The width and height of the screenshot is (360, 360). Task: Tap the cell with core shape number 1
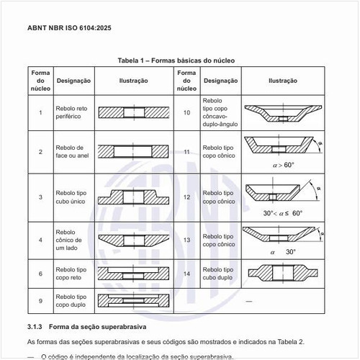[x=40, y=112]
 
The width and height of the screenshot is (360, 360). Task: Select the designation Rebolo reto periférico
[x=71, y=112]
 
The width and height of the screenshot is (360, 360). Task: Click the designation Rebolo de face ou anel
[x=71, y=152]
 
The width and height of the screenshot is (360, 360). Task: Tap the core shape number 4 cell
[x=40, y=239]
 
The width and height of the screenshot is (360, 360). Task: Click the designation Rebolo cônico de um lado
[x=69, y=239]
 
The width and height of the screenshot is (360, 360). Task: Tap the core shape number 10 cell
[x=186, y=112]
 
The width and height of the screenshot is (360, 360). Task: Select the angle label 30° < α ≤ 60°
[x=283, y=213]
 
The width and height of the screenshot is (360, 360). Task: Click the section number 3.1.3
[x=36, y=326]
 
